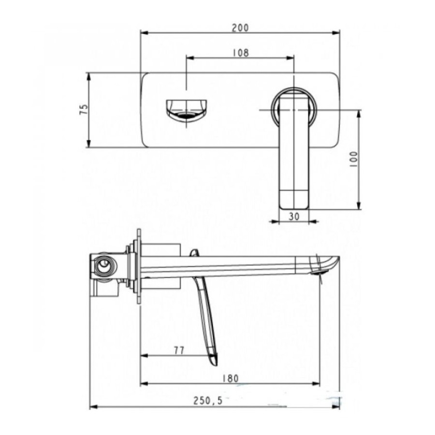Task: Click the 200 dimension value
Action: pos(241,28)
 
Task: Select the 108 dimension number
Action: pos(241,52)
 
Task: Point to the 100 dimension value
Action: pos(353,159)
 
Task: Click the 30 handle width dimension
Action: pos(294,217)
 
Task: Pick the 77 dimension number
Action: pos(179,351)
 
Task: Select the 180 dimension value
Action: pos(230,378)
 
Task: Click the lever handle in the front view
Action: pos(293,150)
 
